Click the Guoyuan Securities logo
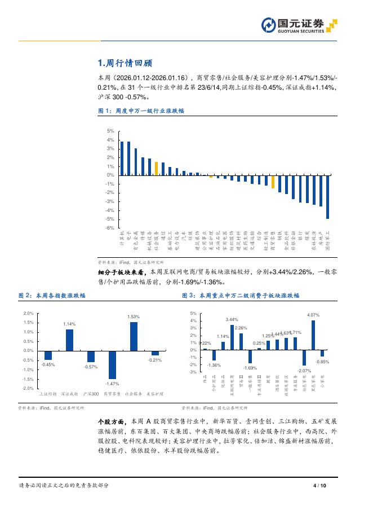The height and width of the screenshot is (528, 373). pyautogui.click(x=299, y=25)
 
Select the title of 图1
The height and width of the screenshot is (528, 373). pyautogui.click(x=135, y=111)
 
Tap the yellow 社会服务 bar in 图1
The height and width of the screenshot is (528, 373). pyautogui.click(x=156, y=168)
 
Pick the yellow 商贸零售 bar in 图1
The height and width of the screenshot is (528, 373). pyautogui.click(x=273, y=182)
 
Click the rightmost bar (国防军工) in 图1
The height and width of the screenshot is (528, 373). pyautogui.click(x=328, y=197)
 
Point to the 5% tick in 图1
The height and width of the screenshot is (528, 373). pyautogui.click(x=110, y=131)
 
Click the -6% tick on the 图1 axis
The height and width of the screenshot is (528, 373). pyautogui.click(x=110, y=228)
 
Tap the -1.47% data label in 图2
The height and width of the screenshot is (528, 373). pyautogui.click(x=112, y=384)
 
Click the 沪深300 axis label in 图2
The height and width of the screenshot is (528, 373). pyautogui.click(x=91, y=393)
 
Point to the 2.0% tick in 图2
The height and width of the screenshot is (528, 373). pyautogui.click(x=28, y=313)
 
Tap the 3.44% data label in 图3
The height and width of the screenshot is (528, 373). pyautogui.click(x=232, y=320)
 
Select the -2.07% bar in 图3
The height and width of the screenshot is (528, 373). pyautogui.click(x=304, y=358)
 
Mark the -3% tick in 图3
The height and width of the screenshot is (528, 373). pyautogui.click(x=193, y=372)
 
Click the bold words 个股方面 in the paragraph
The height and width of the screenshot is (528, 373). pyautogui.click(x=109, y=421)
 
